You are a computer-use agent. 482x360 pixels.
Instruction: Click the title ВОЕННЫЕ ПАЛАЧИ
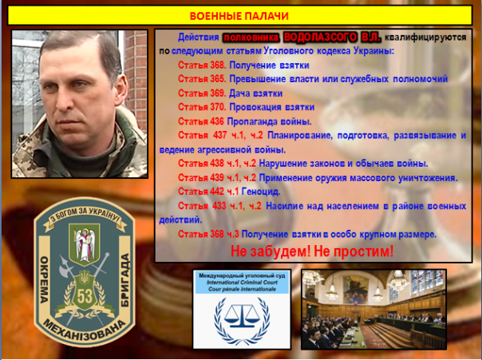tap(240, 16)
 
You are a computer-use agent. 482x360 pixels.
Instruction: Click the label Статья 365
tap(201, 78)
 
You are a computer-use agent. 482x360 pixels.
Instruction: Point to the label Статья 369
tap(201, 93)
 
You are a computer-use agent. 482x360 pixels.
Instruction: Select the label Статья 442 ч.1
tap(204, 192)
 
